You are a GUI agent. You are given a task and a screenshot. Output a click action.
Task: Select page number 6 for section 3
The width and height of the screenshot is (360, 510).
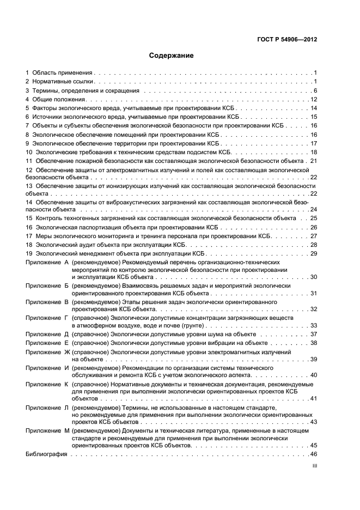(315, 90)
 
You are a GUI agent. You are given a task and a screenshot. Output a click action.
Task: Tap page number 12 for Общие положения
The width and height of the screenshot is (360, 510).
(313, 100)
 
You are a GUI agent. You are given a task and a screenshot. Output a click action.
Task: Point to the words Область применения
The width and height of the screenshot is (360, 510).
(62, 72)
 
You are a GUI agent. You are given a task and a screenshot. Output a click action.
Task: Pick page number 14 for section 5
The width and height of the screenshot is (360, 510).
(313, 108)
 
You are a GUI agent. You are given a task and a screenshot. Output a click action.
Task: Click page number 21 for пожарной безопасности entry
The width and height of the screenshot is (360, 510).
(313, 162)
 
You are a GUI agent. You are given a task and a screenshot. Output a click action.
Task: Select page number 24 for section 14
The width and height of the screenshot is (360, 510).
(313, 209)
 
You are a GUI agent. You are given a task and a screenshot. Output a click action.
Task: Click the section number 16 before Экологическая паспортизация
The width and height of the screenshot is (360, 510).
(29, 227)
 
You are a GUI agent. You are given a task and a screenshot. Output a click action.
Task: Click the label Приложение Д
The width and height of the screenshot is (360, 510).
(47, 334)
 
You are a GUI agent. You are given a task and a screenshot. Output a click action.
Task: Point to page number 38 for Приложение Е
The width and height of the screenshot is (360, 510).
(313, 343)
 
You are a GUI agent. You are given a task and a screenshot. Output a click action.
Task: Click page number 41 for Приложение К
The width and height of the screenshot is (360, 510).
(313, 399)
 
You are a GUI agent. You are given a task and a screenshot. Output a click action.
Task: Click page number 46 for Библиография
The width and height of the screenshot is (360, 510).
(313, 454)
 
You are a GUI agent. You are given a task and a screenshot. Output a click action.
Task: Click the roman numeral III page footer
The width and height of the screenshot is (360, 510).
(314, 467)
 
